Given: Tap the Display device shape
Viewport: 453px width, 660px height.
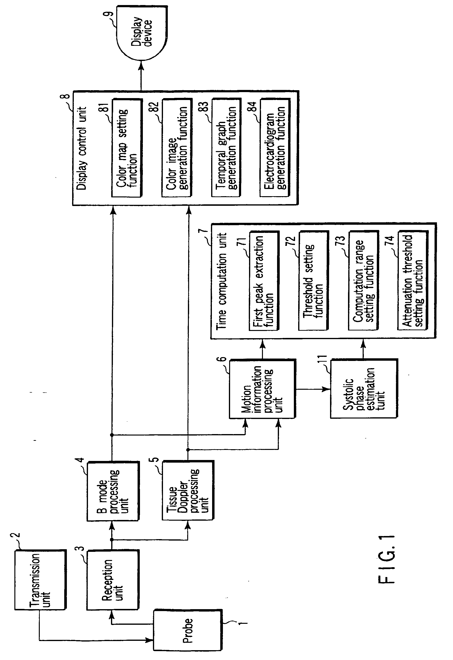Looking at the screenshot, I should [x=142, y=33].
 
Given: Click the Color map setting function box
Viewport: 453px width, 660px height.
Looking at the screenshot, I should [x=127, y=148].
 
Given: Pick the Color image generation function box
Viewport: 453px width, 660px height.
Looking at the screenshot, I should [x=177, y=148].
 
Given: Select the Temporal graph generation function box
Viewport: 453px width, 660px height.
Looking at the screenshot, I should [x=226, y=148].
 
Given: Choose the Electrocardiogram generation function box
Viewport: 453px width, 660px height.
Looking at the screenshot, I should [x=275, y=148].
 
